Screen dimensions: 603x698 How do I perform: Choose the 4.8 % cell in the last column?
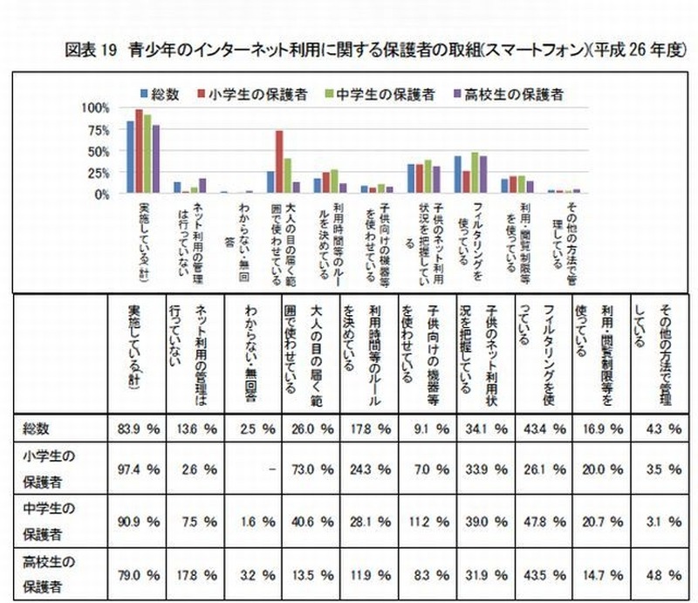pyautogui.click(x=661, y=574)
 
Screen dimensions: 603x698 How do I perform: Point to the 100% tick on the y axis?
pyautogui.click(x=93, y=108)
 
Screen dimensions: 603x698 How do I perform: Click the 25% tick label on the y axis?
pyautogui.click(x=97, y=173)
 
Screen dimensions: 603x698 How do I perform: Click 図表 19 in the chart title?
pyautogui.click(x=92, y=49)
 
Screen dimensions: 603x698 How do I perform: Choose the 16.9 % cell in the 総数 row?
pyautogui.click(x=602, y=429)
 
